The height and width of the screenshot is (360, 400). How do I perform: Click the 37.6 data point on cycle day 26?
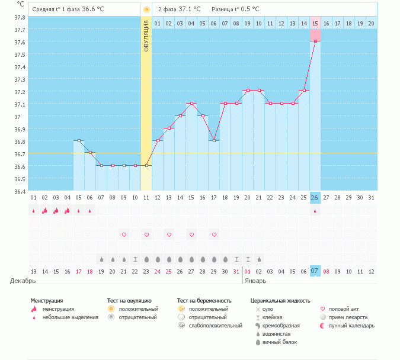click(x=315, y=41)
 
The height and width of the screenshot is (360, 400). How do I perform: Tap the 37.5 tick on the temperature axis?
click(x=20, y=54)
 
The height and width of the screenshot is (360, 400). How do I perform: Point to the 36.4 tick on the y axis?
click(x=20, y=191)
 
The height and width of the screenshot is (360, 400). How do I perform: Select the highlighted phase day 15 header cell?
click(x=315, y=23)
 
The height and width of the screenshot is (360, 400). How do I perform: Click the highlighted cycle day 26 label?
click(x=315, y=197)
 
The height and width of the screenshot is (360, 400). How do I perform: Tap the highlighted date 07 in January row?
click(x=315, y=271)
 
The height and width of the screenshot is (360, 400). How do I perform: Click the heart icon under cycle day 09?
click(x=124, y=234)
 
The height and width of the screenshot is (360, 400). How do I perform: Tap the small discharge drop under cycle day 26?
click(x=315, y=211)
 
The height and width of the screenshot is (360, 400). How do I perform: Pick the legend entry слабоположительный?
click(x=216, y=326)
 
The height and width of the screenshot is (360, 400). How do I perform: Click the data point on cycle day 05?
click(x=79, y=141)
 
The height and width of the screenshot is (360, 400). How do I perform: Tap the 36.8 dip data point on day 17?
click(x=214, y=141)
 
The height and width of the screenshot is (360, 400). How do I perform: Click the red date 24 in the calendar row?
click(x=158, y=271)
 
